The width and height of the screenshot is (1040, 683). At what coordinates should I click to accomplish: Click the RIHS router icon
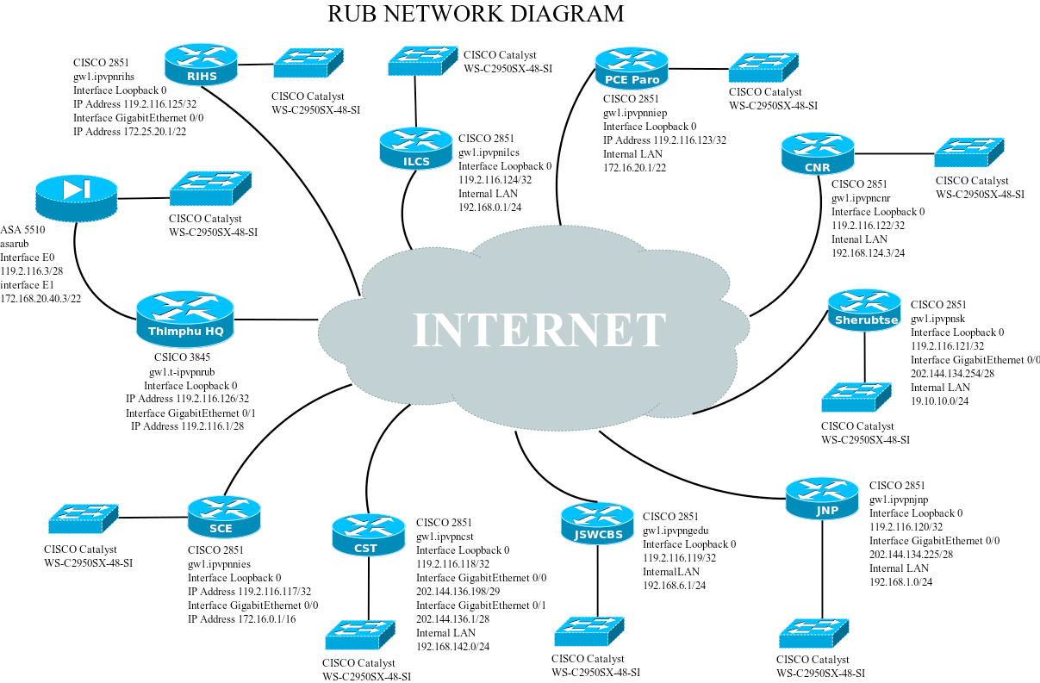tap(200, 65)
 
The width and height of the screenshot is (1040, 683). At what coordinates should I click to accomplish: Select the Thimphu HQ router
tap(185, 320)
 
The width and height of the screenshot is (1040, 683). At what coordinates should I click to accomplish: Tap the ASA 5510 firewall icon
tap(77, 197)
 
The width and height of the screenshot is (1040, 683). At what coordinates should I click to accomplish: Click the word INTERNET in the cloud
tap(539, 330)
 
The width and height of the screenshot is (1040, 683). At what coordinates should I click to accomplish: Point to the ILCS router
tap(416, 148)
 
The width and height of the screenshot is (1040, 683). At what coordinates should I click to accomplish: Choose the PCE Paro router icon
tap(632, 69)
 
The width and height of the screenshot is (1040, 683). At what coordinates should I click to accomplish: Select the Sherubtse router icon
tap(864, 310)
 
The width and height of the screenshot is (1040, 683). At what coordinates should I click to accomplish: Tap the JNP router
tap(822, 499)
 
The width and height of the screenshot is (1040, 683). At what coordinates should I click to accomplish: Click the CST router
tap(368, 535)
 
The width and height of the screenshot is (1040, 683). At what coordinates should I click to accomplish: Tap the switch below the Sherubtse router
tap(856, 397)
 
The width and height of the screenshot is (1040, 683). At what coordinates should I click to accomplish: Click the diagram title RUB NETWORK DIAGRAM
tap(476, 14)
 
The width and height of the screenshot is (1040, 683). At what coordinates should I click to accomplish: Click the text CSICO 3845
tap(182, 357)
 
